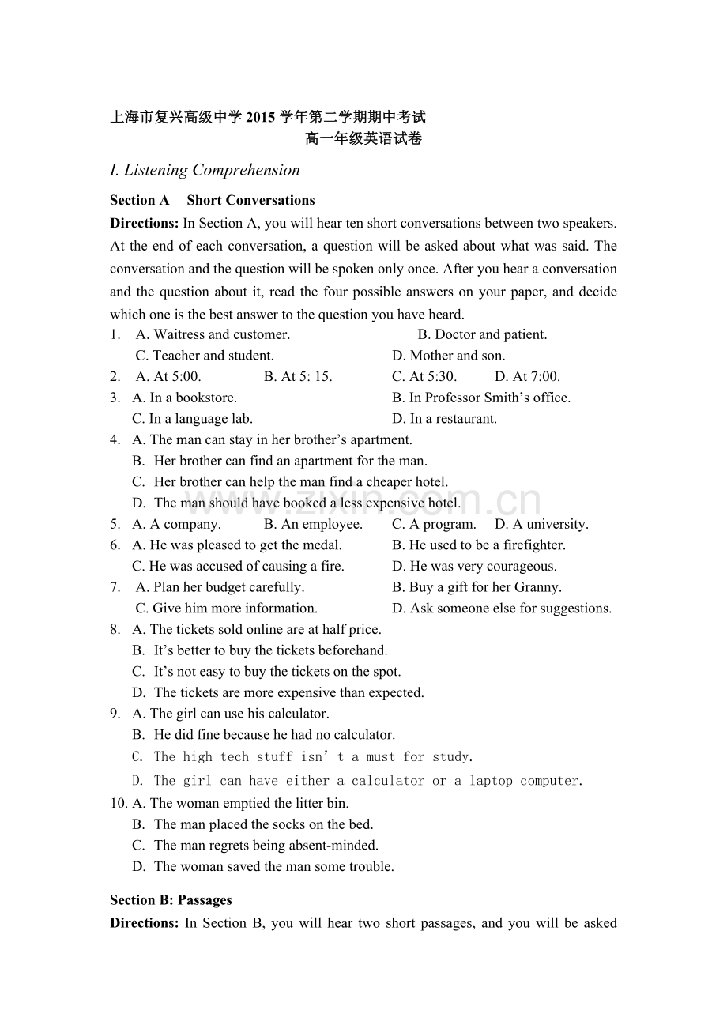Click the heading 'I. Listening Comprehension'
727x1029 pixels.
point(205,170)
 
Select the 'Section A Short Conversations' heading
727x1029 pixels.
point(212,200)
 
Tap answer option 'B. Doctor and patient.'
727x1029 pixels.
point(482,334)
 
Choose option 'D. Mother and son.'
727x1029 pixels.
point(448,356)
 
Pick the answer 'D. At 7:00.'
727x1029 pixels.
point(527,376)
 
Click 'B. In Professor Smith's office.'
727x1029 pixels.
point(480,398)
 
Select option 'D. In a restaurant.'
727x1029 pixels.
point(444,419)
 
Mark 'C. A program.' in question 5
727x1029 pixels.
point(434,524)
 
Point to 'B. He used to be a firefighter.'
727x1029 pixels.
point(479,545)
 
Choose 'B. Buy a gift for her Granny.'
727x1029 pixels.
point(477,587)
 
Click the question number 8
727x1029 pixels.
point(115,629)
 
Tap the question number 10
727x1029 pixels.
point(118,803)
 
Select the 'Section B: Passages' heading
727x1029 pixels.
point(171,899)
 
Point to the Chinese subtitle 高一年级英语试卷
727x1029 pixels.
point(363,139)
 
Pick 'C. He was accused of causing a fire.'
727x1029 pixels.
point(238,566)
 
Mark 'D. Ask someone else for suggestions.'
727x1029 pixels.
point(502,608)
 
